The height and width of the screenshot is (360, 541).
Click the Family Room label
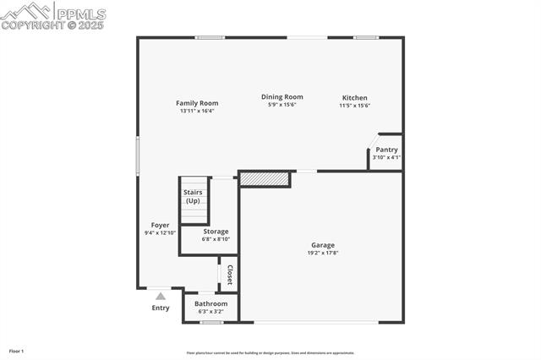point(197,103)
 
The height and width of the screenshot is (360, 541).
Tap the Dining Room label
point(281,96)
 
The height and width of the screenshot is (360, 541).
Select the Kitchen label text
point(354,98)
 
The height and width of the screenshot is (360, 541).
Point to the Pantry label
point(386,150)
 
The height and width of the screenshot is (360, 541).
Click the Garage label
point(322,245)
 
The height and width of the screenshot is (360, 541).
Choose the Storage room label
point(216,232)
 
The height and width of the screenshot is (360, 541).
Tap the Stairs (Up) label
point(193,197)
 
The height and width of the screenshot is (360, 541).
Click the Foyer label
point(160,225)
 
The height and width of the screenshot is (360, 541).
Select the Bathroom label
point(210,303)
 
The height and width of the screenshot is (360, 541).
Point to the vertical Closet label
point(229,275)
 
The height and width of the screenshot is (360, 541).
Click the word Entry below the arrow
point(161,308)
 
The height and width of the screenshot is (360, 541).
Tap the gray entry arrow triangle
point(161,296)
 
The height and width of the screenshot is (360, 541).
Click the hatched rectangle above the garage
point(265,178)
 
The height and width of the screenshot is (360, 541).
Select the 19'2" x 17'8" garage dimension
point(322,253)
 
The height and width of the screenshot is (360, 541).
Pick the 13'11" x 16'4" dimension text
point(197,111)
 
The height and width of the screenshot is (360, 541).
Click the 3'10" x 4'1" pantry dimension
point(386,157)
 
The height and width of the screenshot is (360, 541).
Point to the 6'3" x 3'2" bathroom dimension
point(210,311)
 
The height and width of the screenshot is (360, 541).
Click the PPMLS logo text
point(81,14)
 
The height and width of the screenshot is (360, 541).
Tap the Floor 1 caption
point(16,351)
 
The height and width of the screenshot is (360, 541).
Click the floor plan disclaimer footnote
point(270,353)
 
